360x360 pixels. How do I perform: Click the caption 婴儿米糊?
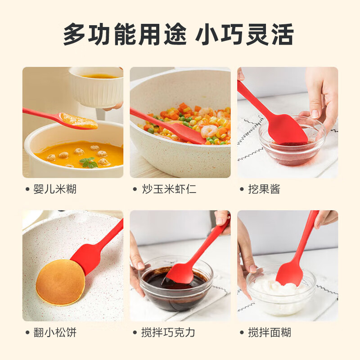pos(55,189)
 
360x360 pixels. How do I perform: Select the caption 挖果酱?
pos(264,189)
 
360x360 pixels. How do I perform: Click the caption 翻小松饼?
pos(55,333)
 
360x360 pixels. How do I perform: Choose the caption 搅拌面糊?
pos(269,333)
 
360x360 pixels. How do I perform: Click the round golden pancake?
pos(60,281)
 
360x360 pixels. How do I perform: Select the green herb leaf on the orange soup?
pos(89,162)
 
